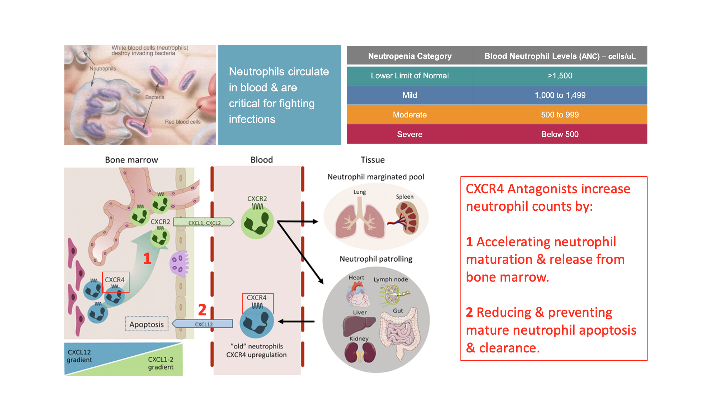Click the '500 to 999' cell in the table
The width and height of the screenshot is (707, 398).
(560, 115)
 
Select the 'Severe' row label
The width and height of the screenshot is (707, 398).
(410, 134)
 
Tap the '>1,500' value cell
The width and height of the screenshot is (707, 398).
(560, 75)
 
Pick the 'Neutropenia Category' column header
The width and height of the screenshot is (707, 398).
(410, 56)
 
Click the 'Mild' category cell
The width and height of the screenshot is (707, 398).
(410, 95)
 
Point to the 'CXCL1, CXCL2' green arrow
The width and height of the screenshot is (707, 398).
(204, 222)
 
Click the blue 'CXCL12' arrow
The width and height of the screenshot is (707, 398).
(202, 324)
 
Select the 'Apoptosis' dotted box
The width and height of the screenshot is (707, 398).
(147, 324)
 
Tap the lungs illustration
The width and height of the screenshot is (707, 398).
(360, 218)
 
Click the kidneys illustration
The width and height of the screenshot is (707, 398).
(360, 352)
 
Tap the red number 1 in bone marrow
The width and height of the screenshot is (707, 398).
(147, 259)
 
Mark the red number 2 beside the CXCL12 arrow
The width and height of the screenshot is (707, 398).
(202, 310)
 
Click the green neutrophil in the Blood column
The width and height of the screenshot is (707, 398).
(257, 223)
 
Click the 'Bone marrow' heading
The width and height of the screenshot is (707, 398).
(131, 160)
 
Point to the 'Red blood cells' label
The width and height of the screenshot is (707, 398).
(183, 122)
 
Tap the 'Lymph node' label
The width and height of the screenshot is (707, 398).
(391, 279)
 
